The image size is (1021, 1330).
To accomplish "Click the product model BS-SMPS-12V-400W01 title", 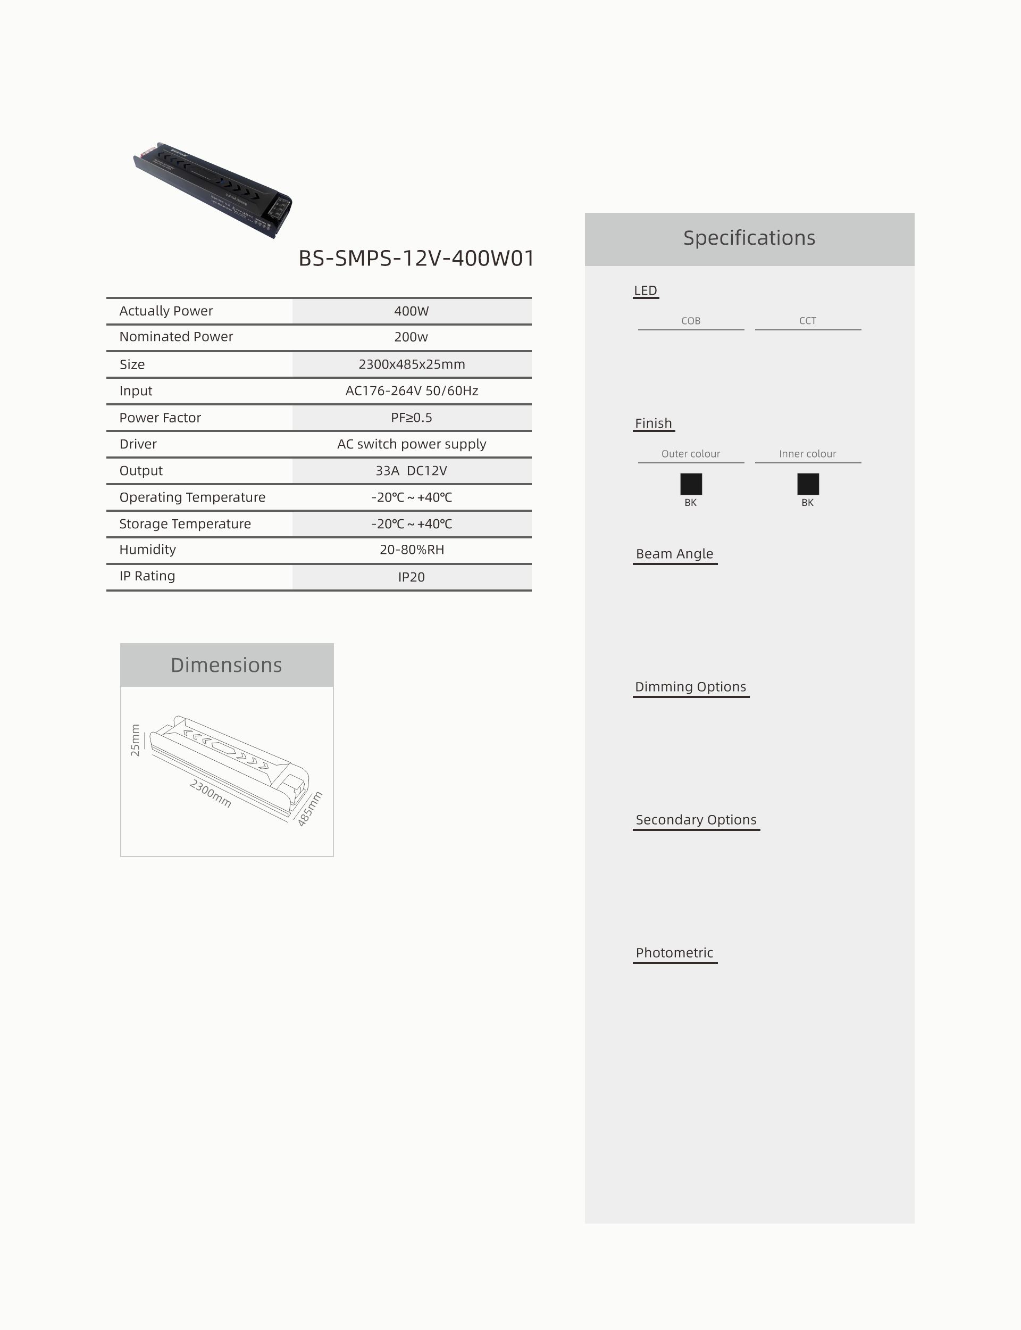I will coord(416,259).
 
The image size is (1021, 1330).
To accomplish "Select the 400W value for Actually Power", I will coord(412,311).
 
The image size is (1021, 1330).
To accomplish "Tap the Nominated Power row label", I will coord(176,337).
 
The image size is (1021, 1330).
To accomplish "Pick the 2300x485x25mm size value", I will coord(412,364).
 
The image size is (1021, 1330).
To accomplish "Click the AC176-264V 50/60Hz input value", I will coord(412,391).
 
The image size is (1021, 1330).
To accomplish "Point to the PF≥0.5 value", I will coord(412,418).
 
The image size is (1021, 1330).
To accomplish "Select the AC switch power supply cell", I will coord(412,444).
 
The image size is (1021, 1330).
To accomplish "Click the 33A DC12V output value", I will coord(412,471).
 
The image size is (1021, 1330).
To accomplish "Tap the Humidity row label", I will coord(148,550).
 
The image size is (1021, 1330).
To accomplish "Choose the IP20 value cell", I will coord(412,577).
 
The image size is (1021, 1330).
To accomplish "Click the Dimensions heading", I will coord(226,665).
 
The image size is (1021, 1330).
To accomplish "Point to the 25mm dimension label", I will coord(135,740).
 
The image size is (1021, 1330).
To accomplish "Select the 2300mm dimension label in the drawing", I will coord(210,793).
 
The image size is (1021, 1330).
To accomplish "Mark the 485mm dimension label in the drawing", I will coord(309,809).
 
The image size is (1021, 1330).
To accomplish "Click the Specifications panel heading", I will coord(749,238).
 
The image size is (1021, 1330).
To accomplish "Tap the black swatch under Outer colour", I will coord(691,484).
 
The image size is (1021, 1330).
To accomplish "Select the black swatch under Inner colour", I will coord(808,484).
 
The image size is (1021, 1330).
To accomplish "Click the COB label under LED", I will coord(691,321).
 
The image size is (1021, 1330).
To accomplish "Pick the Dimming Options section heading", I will coord(690,687).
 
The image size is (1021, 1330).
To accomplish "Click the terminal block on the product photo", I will coord(279,206).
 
